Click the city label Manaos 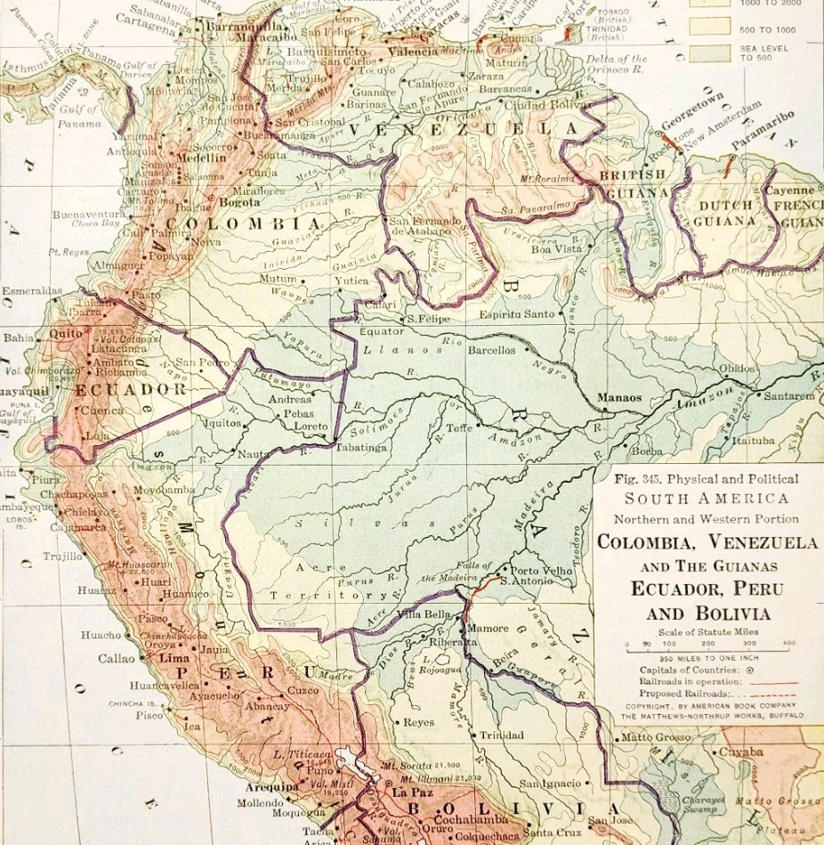click(x=619, y=398)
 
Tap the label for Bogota click(x=239, y=202)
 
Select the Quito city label click(x=66, y=333)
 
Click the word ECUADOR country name click(x=130, y=389)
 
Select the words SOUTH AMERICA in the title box click(x=706, y=499)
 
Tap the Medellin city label click(x=202, y=158)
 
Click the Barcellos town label click(x=492, y=350)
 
